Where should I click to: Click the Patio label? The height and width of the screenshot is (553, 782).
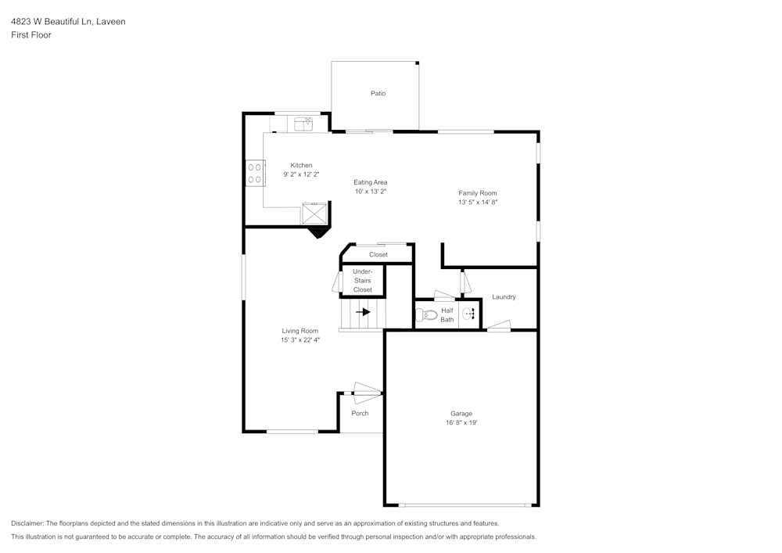378,93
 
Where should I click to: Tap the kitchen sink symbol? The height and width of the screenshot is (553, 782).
303,124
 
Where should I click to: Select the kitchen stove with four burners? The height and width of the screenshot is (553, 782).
254,174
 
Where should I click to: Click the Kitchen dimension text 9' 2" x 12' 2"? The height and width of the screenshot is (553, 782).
301,175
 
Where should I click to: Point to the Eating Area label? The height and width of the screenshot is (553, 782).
371,182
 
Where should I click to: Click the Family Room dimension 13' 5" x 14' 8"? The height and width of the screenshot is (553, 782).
478,202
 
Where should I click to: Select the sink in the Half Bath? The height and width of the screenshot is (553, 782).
468,314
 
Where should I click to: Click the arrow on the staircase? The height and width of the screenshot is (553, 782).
362,311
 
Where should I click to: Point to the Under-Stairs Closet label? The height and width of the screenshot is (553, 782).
363,281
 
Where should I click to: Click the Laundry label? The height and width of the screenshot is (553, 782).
504,297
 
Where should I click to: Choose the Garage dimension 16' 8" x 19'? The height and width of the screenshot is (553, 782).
461,422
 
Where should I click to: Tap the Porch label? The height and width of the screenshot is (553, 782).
360,413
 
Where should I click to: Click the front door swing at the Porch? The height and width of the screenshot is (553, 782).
367,388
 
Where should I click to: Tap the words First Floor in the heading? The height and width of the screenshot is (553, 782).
31,35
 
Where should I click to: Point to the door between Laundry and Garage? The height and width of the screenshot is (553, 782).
499,326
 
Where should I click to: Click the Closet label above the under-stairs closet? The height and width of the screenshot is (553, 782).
378,254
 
